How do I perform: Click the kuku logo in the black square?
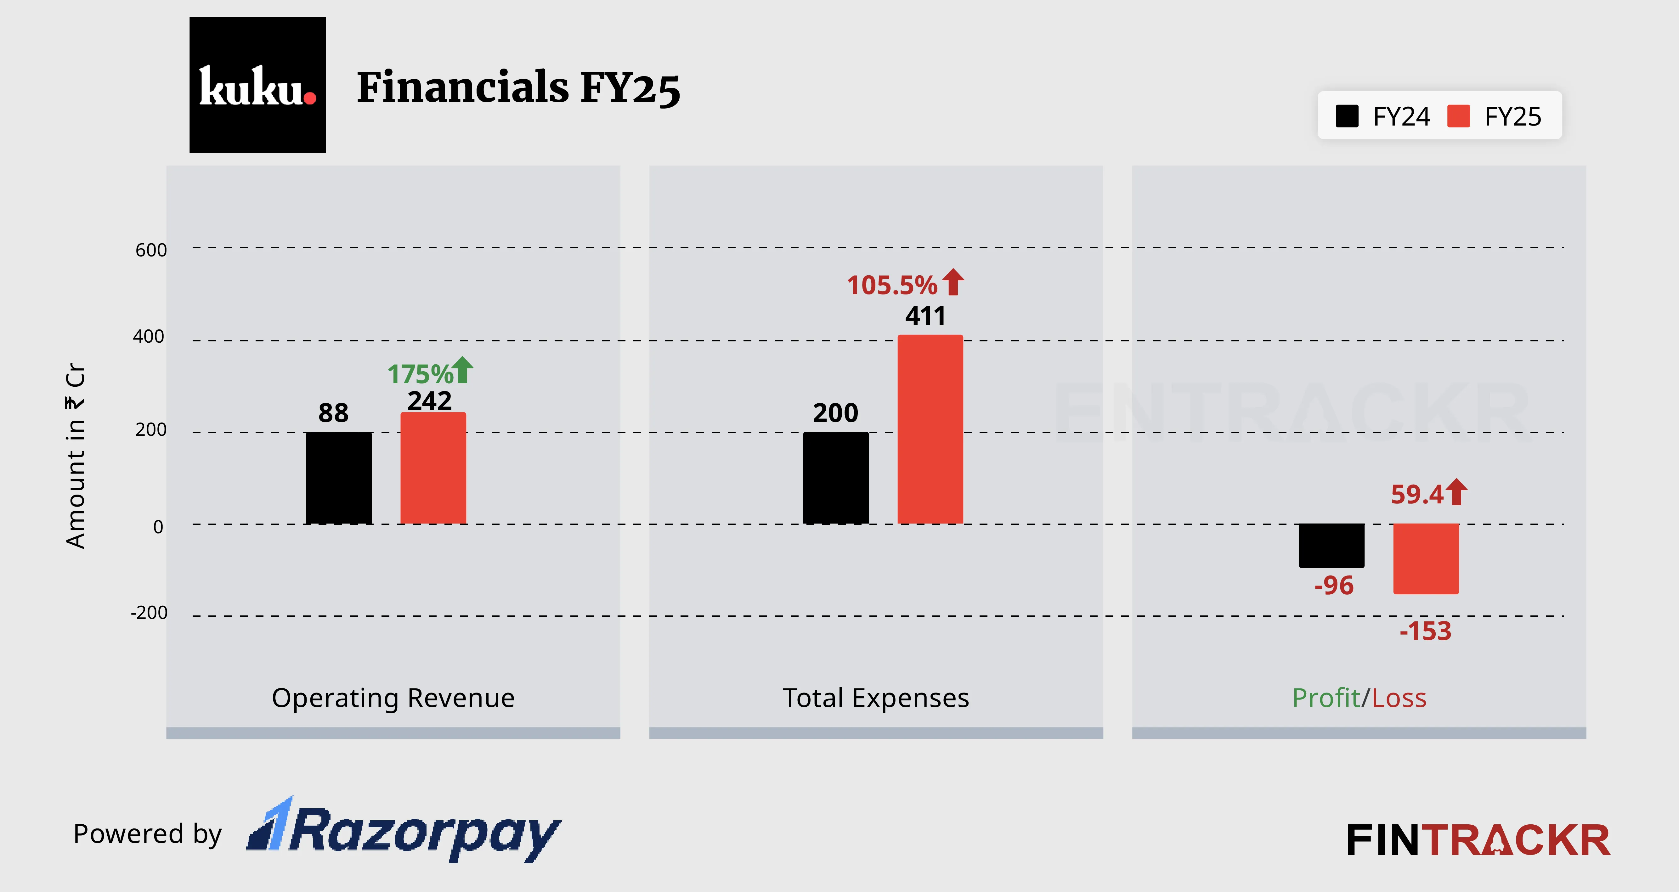[257, 85]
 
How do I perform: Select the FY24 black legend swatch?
[1347, 117]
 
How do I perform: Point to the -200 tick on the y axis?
[149, 613]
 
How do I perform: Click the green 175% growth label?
[421, 374]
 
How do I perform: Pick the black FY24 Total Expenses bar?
[836, 478]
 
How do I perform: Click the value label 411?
[925, 316]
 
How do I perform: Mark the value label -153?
[1426, 631]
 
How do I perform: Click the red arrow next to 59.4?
[1457, 492]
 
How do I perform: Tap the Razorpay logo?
[404, 831]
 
